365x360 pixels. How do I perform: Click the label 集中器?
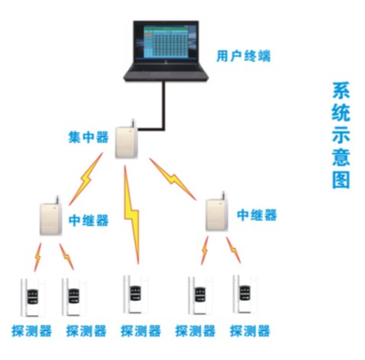point(88,139)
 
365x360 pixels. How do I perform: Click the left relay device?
point(48,216)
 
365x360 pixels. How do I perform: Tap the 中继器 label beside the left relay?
point(89,221)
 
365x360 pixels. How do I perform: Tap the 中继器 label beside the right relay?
point(256,215)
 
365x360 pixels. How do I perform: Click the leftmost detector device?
point(31,296)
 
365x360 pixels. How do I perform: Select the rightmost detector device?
point(245,296)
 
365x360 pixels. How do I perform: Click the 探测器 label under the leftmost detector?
point(29,332)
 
